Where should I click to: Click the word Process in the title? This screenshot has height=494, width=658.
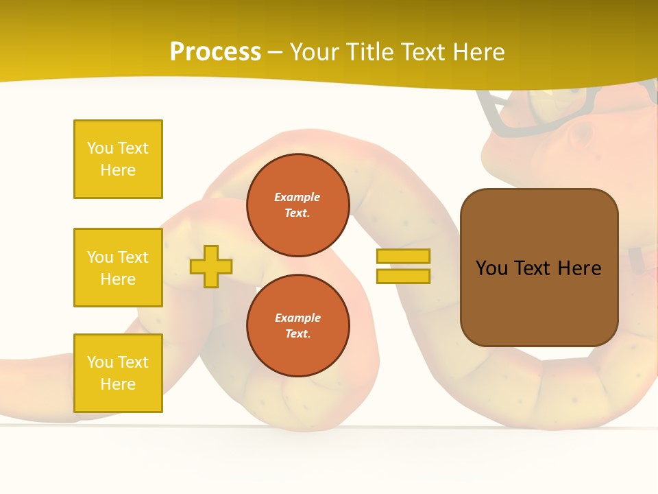click(x=215, y=52)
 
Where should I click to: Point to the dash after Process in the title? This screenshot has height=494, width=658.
click(x=276, y=53)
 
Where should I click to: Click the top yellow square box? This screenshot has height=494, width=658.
click(x=118, y=159)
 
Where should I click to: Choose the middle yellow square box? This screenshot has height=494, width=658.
click(x=118, y=268)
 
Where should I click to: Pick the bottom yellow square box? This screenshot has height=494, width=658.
click(x=118, y=373)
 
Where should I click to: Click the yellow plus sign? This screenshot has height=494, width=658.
click(x=211, y=266)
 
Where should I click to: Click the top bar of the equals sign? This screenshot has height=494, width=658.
click(x=403, y=256)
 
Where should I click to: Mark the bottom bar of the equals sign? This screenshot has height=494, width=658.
click(x=403, y=277)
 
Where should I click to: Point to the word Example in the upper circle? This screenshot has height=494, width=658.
click(x=297, y=197)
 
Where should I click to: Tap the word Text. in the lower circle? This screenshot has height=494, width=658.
click(x=297, y=334)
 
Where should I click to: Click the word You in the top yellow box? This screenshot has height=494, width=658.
click(x=99, y=148)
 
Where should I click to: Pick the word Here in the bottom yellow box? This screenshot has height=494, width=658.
click(x=118, y=384)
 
